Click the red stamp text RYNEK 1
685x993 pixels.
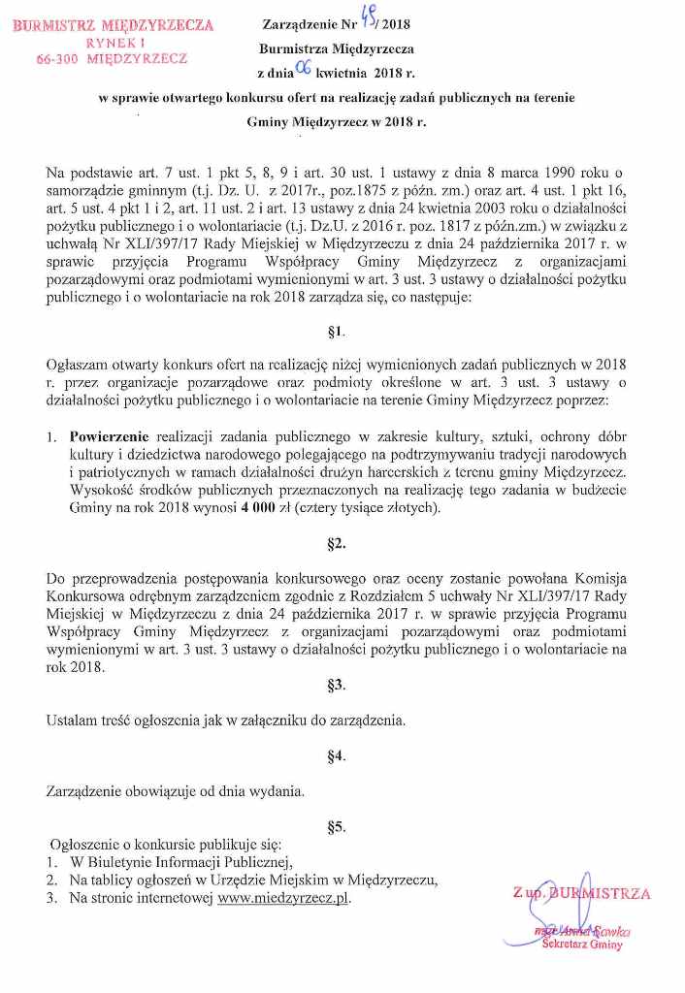click(x=115, y=43)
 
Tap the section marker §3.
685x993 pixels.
click(x=337, y=686)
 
